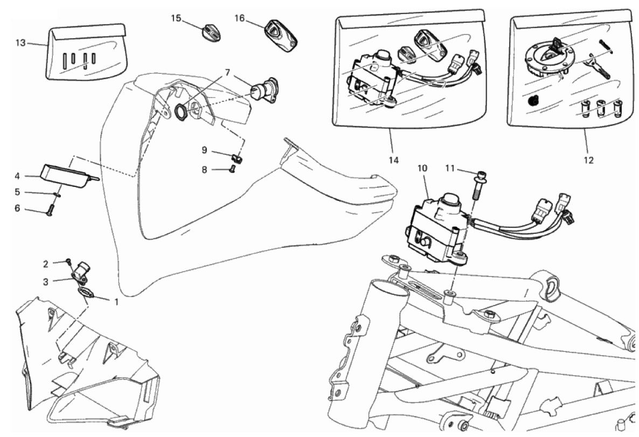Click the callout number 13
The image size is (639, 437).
[20, 43]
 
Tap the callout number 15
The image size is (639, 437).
[176, 18]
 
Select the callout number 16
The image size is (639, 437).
[240, 18]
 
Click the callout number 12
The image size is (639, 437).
[588, 159]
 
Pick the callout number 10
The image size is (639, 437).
[422, 168]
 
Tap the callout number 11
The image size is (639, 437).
[452, 169]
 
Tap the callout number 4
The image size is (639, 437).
[17, 176]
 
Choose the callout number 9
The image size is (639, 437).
[204, 149]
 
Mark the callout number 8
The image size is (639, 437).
[204, 169]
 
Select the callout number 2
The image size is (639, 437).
[46, 263]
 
